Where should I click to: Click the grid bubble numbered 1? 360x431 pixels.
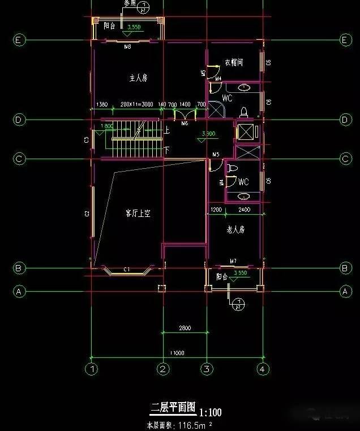tap(91, 369)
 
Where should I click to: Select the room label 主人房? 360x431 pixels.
tap(138, 78)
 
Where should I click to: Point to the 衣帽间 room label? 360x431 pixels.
tap(234, 63)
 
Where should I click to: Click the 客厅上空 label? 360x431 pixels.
tap(138, 214)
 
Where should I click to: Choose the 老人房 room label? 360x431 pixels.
tap(235, 230)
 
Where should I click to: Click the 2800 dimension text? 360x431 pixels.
tap(185, 328)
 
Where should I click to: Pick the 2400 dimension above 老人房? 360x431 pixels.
tap(244, 210)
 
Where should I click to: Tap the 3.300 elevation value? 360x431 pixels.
tap(208, 134)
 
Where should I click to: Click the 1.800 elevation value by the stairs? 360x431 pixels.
tap(106, 126)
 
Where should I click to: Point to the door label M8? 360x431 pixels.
tap(127, 47)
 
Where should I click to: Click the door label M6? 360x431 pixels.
tap(185, 123)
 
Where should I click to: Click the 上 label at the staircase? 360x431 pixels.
tap(167, 130)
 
